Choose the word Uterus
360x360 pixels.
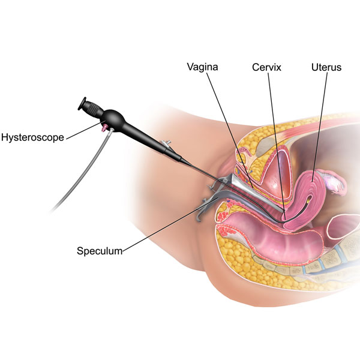[x=326, y=68]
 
